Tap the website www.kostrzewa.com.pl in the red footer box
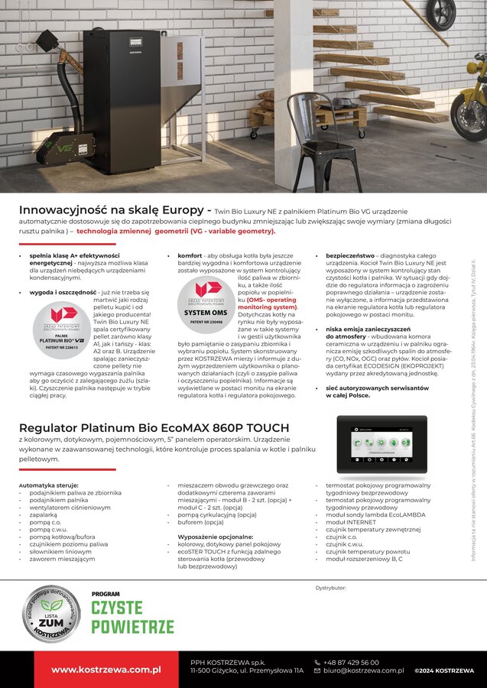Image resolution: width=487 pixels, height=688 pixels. point(106,670)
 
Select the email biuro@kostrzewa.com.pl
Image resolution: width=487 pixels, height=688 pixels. point(362,670)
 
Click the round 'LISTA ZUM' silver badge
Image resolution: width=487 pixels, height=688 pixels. point(51,613)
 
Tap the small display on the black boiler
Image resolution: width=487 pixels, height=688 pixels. point(137,42)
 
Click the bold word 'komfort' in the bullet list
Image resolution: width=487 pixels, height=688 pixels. point(190,255)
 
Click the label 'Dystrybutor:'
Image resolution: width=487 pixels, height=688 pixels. point(330,588)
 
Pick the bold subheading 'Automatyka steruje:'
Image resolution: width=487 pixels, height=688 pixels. point(49,485)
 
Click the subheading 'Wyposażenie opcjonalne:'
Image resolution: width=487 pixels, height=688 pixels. point(209,537)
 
